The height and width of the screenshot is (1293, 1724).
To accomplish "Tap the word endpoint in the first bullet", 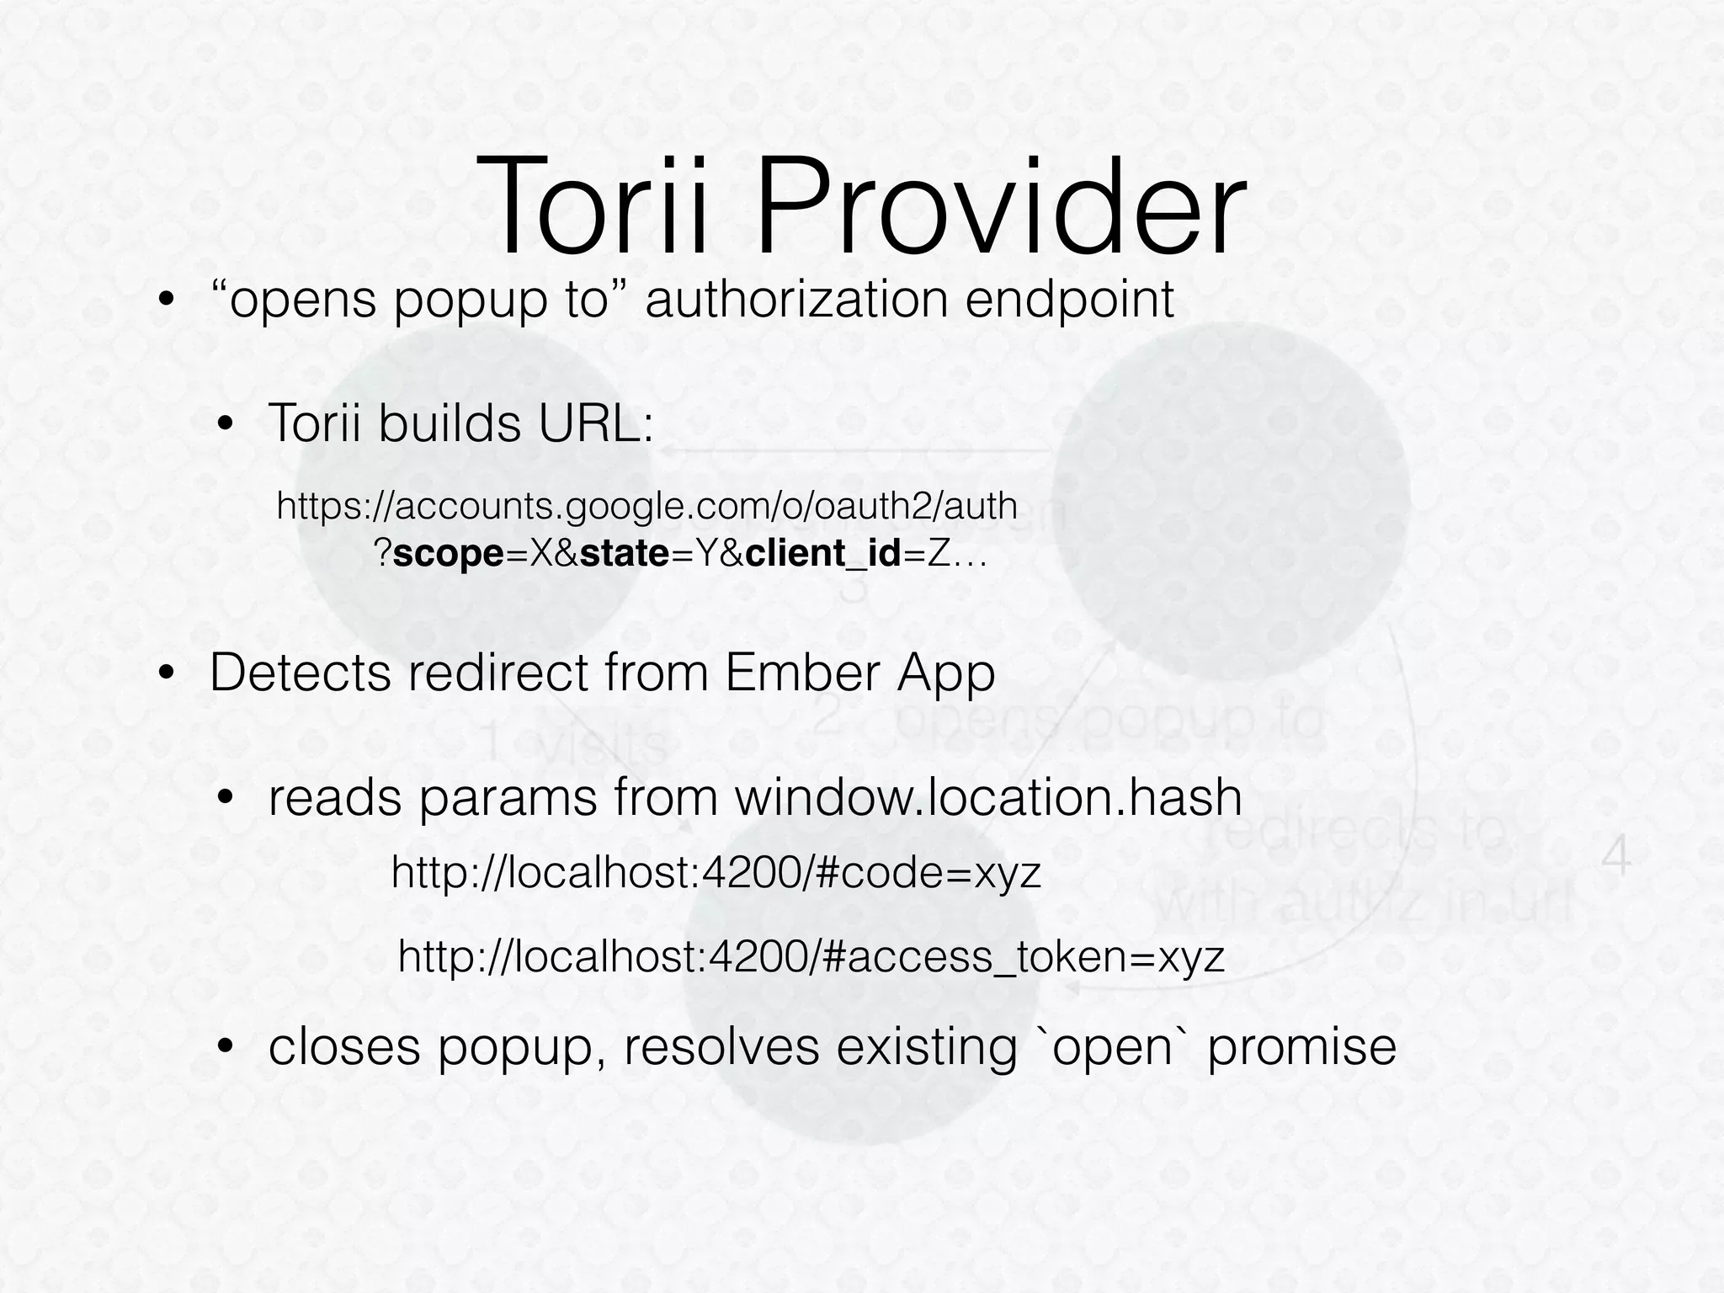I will pyautogui.click(x=1068, y=300).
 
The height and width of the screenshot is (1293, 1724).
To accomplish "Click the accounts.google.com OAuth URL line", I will pyautogui.click(x=646, y=506).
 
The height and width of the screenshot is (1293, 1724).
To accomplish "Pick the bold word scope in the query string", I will pyautogui.click(x=448, y=554).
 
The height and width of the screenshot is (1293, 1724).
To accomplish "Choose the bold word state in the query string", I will pyautogui.click(x=624, y=554).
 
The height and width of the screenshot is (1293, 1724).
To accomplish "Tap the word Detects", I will pyautogui.click(x=299, y=673).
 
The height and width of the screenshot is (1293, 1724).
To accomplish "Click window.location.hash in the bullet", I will pyautogui.click(x=988, y=797).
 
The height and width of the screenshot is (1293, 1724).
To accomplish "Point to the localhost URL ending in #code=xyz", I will pyautogui.click(x=716, y=874).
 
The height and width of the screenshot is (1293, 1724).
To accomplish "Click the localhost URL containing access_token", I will pyautogui.click(x=811, y=957).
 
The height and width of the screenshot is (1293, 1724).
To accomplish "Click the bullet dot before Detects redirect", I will pyautogui.click(x=168, y=674).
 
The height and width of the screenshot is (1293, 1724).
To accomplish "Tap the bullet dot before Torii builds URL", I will pyautogui.click(x=226, y=424).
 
